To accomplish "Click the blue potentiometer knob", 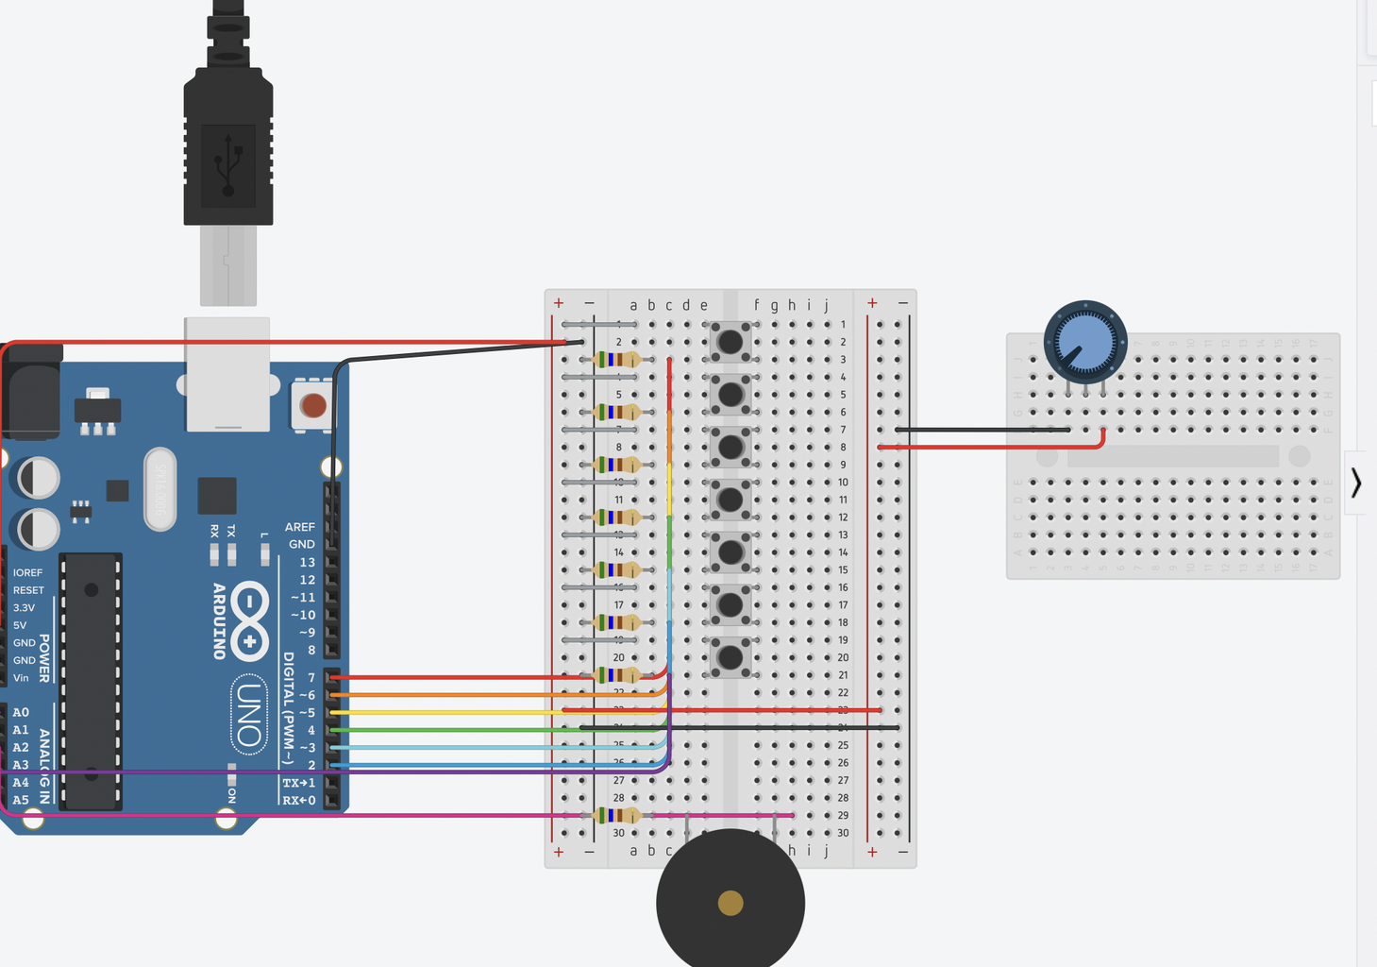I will tap(1085, 341).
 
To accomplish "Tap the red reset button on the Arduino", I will tap(313, 406).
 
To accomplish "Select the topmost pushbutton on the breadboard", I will tap(730, 341).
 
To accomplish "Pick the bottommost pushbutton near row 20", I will tap(730, 656).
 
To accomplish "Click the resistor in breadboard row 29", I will tap(618, 815).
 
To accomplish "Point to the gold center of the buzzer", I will tap(730, 903).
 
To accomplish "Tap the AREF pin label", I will tap(300, 527).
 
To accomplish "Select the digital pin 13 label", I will tap(308, 562).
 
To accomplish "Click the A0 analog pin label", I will tap(21, 712).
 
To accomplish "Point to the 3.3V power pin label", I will tap(24, 607).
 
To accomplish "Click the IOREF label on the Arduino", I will tap(27, 572).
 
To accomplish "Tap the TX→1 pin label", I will tap(299, 783).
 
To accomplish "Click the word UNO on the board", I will tap(249, 714).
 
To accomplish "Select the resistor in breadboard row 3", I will tap(618, 359).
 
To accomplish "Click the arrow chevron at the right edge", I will tap(1356, 483).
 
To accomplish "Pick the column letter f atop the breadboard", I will tap(756, 305).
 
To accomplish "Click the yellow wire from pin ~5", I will tap(453, 712).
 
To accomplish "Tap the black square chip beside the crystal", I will tap(217, 496).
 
